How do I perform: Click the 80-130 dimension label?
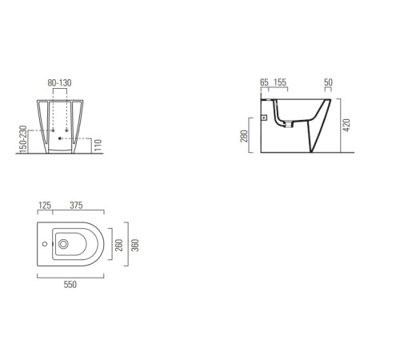[59, 83]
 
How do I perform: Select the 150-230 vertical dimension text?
[23, 139]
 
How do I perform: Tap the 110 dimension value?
[98, 146]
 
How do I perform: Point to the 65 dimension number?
[264, 82]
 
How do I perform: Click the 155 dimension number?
[280, 82]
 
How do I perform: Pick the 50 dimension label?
[328, 82]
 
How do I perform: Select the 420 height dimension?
[346, 125]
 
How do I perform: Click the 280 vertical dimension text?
[244, 136]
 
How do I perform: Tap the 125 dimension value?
[45, 206]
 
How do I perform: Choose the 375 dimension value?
[76, 206]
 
